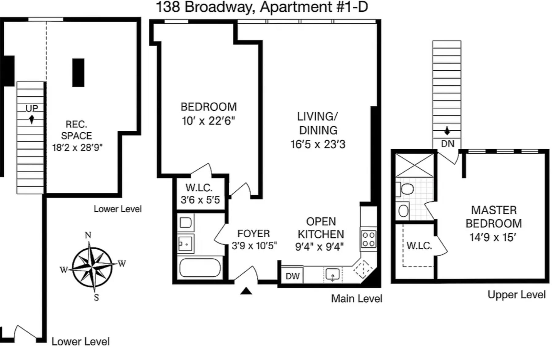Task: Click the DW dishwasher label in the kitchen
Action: pos(292,276)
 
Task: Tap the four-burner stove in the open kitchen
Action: pos(368,239)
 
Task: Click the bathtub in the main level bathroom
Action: pos(200,268)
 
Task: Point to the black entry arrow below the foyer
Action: pos(246,291)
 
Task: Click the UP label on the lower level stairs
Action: pos(32,108)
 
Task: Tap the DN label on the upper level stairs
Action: pos(447,144)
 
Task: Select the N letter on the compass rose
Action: pos(88,235)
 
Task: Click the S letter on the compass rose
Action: pos(96,297)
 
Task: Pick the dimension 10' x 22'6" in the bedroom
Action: pos(208,121)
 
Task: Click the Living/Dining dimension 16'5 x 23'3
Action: pos(318,144)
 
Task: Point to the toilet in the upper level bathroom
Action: pos(406,189)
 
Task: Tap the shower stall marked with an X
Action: pos(415,165)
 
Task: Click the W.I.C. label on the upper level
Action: pos(419,245)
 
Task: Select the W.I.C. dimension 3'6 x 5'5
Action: pos(200,200)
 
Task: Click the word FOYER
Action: pos(253,234)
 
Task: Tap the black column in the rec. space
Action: pos(78,73)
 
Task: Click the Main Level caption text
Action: pos(356,298)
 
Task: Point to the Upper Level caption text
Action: pos(516,295)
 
